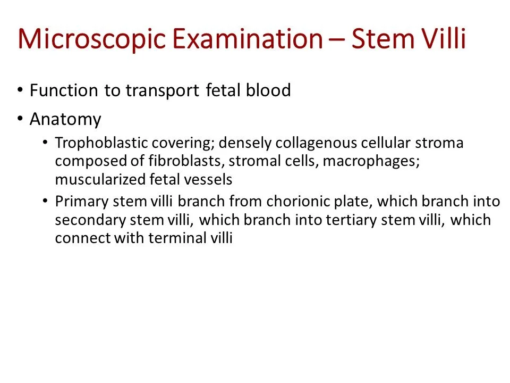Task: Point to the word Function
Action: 64,90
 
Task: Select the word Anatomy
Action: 65,119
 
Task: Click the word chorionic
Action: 292,202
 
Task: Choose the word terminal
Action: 174,238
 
